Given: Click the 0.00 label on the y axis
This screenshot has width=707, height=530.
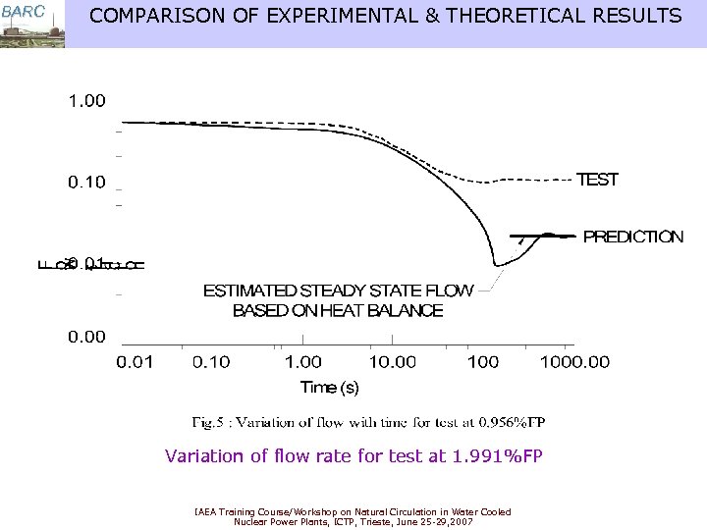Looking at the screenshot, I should pyautogui.click(x=86, y=337).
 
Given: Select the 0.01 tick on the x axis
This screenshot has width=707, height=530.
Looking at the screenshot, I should pyautogui.click(x=136, y=363).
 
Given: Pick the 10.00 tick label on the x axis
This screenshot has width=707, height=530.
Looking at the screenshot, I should pyautogui.click(x=392, y=363).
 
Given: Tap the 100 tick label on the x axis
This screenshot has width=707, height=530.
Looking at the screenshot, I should pyautogui.click(x=483, y=363).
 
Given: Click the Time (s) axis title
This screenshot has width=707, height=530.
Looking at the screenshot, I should pyautogui.click(x=330, y=388).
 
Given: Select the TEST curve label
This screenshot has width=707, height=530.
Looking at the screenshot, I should pyautogui.click(x=597, y=180).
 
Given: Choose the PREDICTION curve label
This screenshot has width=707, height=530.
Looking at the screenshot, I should pyautogui.click(x=633, y=237).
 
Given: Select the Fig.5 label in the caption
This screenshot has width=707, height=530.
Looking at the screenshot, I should pyautogui.click(x=209, y=423).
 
